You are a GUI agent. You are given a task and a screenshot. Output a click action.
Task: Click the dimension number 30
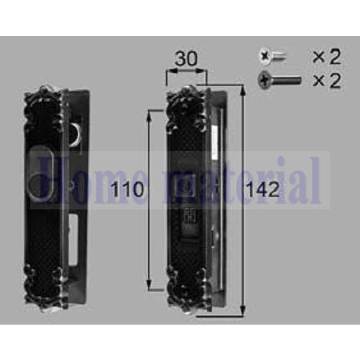(187, 59)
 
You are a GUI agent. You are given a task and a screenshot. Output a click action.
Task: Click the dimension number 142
(262, 190)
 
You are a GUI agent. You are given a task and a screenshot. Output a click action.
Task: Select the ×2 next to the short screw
(326, 57)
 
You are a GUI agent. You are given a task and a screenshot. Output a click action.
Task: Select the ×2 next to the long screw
(326, 80)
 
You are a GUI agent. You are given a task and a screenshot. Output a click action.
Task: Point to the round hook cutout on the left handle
(76, 134)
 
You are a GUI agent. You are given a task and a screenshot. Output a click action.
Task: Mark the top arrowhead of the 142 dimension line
(243, 88)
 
